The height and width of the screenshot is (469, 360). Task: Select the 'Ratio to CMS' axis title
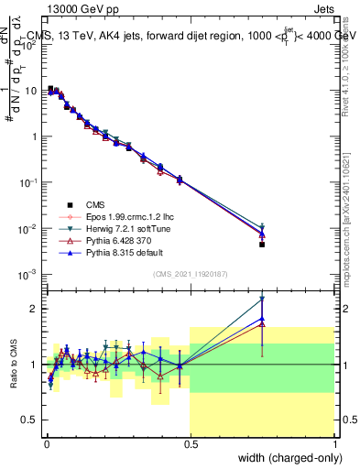coord(14,365)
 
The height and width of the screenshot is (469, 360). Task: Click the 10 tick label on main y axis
coord(32,91)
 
